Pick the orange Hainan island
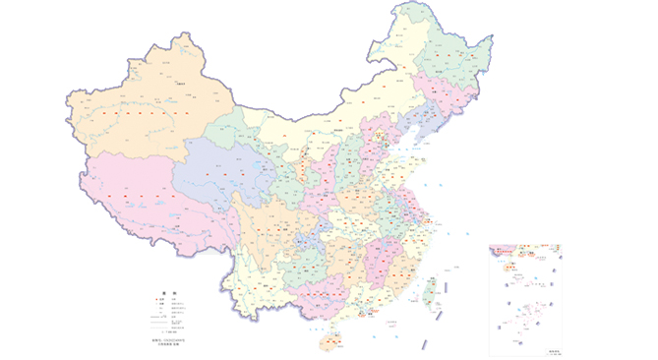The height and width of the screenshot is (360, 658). pyautogui.click(x=331, y=340)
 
